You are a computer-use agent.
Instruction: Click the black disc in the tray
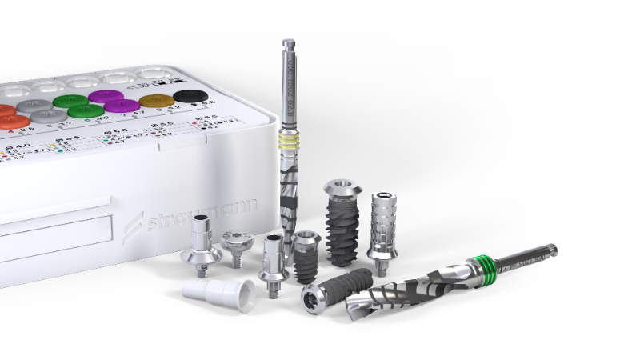(x=190, y=97)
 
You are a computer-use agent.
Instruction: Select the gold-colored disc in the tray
(x=155, y=101)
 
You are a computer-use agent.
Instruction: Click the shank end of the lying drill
(x=544, y=253)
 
